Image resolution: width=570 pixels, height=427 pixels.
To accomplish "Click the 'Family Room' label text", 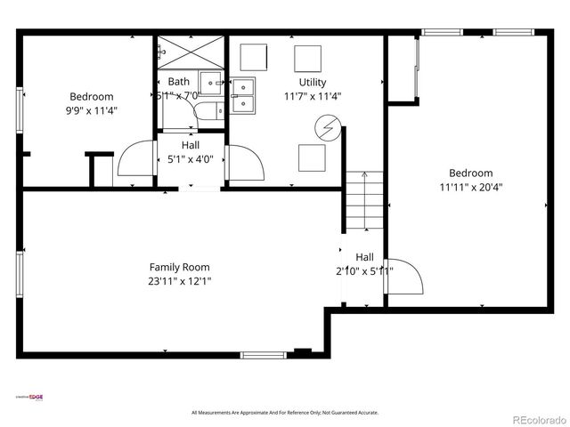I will coord(179,267).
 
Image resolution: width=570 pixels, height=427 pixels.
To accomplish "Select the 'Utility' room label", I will coord(312,83).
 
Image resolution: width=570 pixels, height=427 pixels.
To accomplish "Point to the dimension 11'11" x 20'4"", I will coord(470,188).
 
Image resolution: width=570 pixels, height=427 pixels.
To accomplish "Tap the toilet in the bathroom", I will coord(204,111).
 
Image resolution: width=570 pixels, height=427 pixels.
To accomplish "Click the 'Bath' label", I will coord(179,82).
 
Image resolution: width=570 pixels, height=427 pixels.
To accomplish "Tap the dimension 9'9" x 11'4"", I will coord(91,111).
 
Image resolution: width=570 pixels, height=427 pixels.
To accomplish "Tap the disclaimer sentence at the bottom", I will coord(285,413).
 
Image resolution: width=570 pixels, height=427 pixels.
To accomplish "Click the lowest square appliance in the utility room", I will coord(312,157).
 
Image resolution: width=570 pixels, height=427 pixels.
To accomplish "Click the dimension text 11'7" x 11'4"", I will coord(313,97).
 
